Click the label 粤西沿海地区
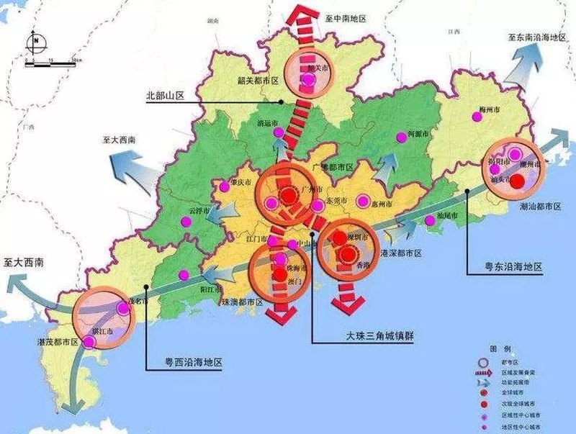(x=184, y=367)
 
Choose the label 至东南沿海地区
(x=537, y=36)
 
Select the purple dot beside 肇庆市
(x=225, y=186)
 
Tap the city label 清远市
(x=267, y=123)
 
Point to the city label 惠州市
(x=381, y=205)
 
